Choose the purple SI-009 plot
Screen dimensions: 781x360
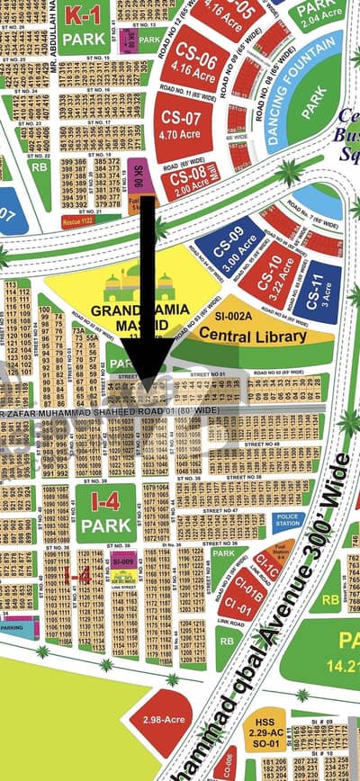[x=123, y=561]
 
